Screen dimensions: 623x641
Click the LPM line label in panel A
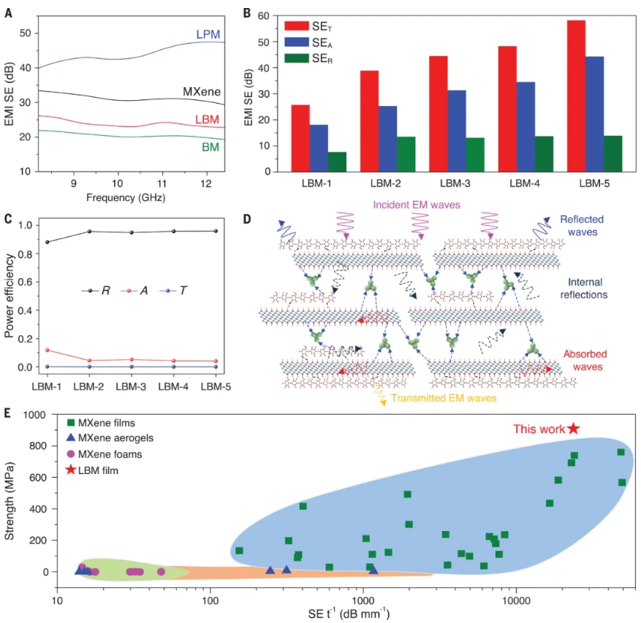[208, 35]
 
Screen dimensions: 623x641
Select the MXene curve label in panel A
[202, 92]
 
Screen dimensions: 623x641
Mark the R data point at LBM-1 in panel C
[48, 242]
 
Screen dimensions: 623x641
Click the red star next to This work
[574, 429]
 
